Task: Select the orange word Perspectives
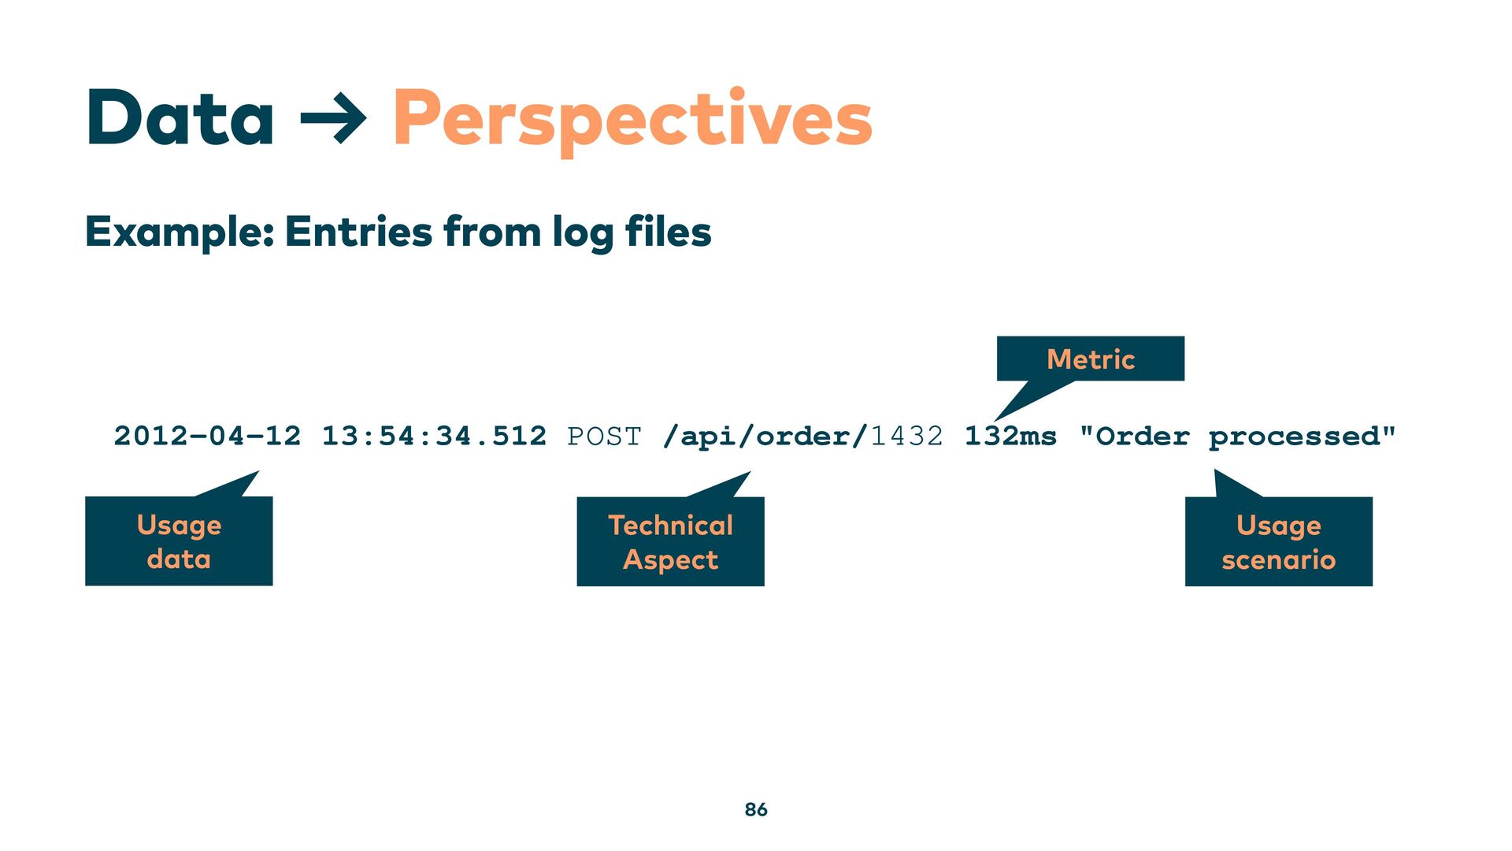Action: [632, 120]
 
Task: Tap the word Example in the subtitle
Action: [179, 232]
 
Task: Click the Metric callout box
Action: [1090, 359]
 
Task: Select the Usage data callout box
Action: [179, 541]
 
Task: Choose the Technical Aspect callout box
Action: [670, 542]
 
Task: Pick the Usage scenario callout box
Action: [1278, 542]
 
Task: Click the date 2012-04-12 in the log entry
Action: [207, 436]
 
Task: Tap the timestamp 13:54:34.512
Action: [434, 436]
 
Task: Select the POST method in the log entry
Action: [604, 436]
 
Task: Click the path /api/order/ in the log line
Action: [765, 436]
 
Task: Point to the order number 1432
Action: [906, 436]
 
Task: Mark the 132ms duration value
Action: [1010, 436]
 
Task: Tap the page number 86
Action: [756, 809]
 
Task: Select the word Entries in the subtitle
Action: [358, 232]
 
